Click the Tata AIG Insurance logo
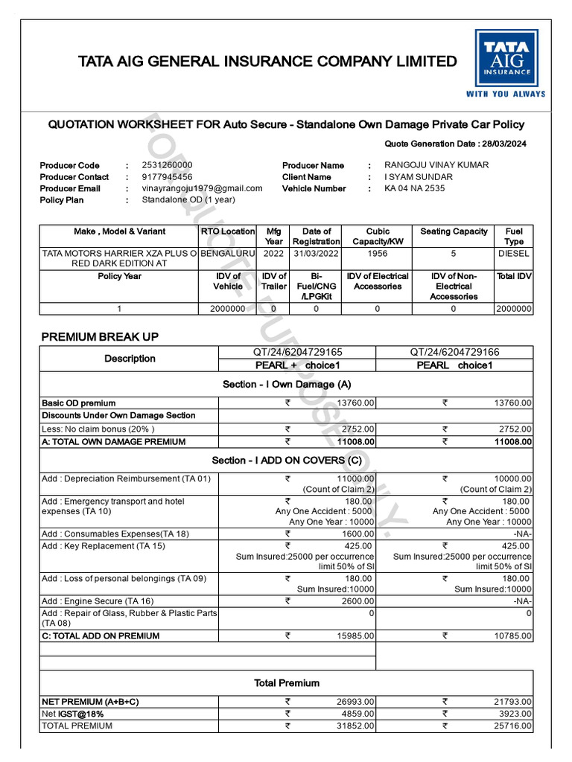coord(506,63)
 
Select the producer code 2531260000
coord(167,164)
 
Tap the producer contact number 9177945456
coord(167,176)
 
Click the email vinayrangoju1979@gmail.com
coord(202,188)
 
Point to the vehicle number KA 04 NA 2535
coord(414,188)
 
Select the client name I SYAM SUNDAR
coord(418,176)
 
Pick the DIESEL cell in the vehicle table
coord(514,253)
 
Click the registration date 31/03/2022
coord(316,253)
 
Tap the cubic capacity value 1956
coord(378,253)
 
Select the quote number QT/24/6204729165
coord(296,352)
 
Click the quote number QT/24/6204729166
coord(454,352)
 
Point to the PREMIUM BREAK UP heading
coord(99,336)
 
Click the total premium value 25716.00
coord(514,725)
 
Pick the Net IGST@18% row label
coord(72,713)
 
